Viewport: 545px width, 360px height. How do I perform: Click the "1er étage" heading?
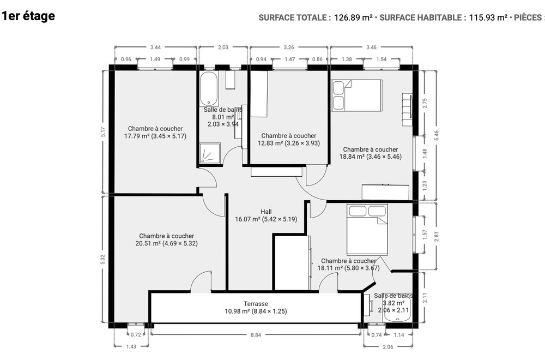click(28, 16)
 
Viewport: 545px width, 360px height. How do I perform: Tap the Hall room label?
click(266, 212)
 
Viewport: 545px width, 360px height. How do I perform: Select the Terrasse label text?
click(256, 304)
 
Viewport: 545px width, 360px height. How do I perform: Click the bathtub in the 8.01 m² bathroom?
click(208, 88)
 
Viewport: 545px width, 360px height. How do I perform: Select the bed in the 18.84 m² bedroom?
click(357, 95)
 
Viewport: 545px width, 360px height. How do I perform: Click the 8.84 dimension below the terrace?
click(256, 335)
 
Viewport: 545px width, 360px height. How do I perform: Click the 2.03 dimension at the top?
click(223, 47)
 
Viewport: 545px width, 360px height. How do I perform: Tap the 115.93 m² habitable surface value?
click(488, 17)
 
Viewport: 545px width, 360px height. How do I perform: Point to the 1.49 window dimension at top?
click(155, 59)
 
